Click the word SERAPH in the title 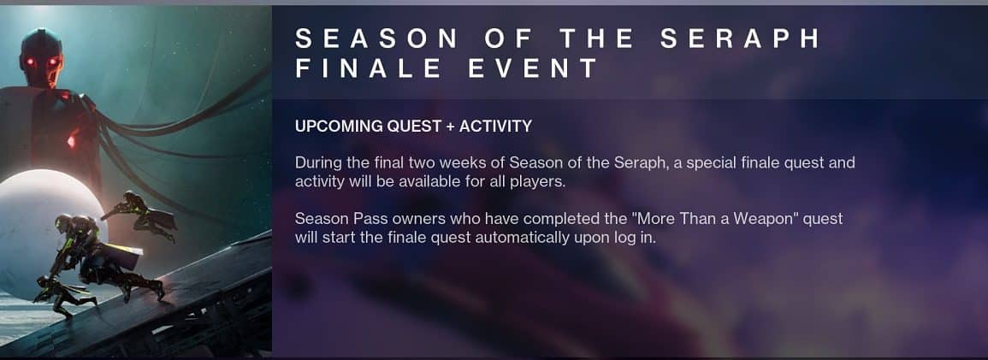pyautogui.click(x=741, y=38)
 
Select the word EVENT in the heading pyautogui.click(x=532, y=68)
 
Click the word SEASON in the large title pyautogui.click(x=376, y=38)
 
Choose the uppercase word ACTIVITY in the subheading pyautogui.click(x=495, y=127)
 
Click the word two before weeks pyautogui.click(x=422, y=163)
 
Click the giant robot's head pyautogui.click(x=41, y=56)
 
